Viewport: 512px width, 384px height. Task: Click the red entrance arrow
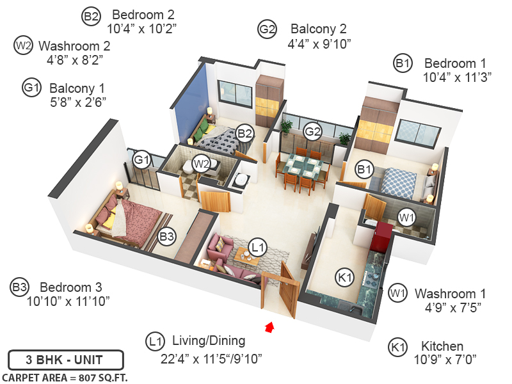coord(269,328)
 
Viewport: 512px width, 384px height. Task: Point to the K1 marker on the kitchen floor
coord(345,277)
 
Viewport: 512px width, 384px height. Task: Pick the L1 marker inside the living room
coord(257,246)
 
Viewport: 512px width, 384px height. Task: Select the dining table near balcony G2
coord(303,166)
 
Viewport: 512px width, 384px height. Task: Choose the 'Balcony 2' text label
coord(318,29)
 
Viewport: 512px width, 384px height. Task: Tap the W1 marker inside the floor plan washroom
coord(406,217)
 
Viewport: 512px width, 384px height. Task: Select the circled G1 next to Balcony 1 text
coord(31,88)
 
